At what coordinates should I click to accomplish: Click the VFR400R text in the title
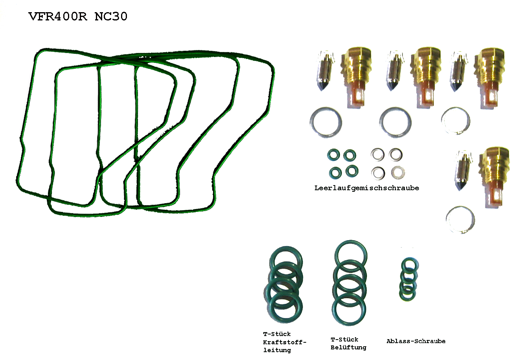pos(58,17)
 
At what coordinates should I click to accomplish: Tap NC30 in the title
pos(111,17)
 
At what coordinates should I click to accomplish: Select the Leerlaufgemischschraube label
pos(367,188)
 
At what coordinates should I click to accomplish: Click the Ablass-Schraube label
pos(416,341)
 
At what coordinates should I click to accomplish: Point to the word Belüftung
pos(348,347)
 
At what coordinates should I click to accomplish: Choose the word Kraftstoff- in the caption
pos(285,342)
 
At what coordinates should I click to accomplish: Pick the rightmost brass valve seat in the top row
pos(489,77)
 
